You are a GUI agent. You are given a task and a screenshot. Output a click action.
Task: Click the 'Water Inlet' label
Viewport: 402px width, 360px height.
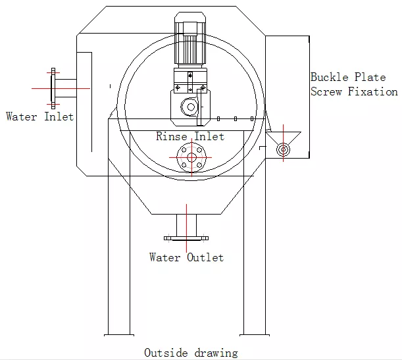[x=39, y=116]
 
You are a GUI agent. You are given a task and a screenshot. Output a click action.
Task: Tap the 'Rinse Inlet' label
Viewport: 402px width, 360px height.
[x=190, y=137]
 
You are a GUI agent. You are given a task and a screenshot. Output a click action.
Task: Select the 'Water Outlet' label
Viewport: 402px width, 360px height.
[x=186, y=257]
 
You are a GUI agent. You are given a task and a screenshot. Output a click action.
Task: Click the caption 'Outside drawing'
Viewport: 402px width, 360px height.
[x=191, y=353]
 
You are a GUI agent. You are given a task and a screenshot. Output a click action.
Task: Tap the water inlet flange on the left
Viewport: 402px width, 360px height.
[x=53, y=87]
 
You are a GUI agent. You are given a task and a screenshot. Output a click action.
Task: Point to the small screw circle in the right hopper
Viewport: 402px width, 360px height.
[x=283, y=149]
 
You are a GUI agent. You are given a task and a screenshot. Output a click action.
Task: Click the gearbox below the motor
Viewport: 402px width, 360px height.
[x=189, y=99]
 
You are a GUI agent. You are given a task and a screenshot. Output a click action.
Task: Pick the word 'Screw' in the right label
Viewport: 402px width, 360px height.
[x=326, y=92]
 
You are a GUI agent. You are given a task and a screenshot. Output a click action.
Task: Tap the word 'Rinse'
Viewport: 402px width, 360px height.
[x=172, y=137]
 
